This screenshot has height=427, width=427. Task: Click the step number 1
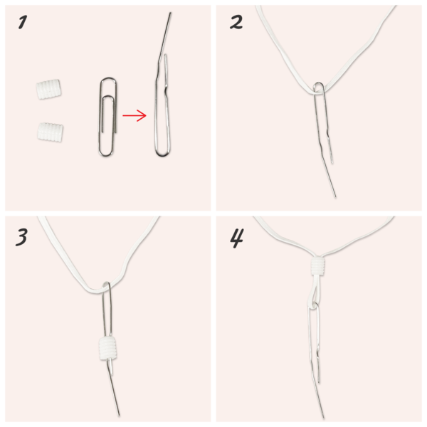[x=22, y=23]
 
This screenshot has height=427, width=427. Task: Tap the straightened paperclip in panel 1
[x=162, y=93]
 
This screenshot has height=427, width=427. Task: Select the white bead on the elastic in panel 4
[x=320, y=268]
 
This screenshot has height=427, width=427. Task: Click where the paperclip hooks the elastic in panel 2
[x=320, y=88]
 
